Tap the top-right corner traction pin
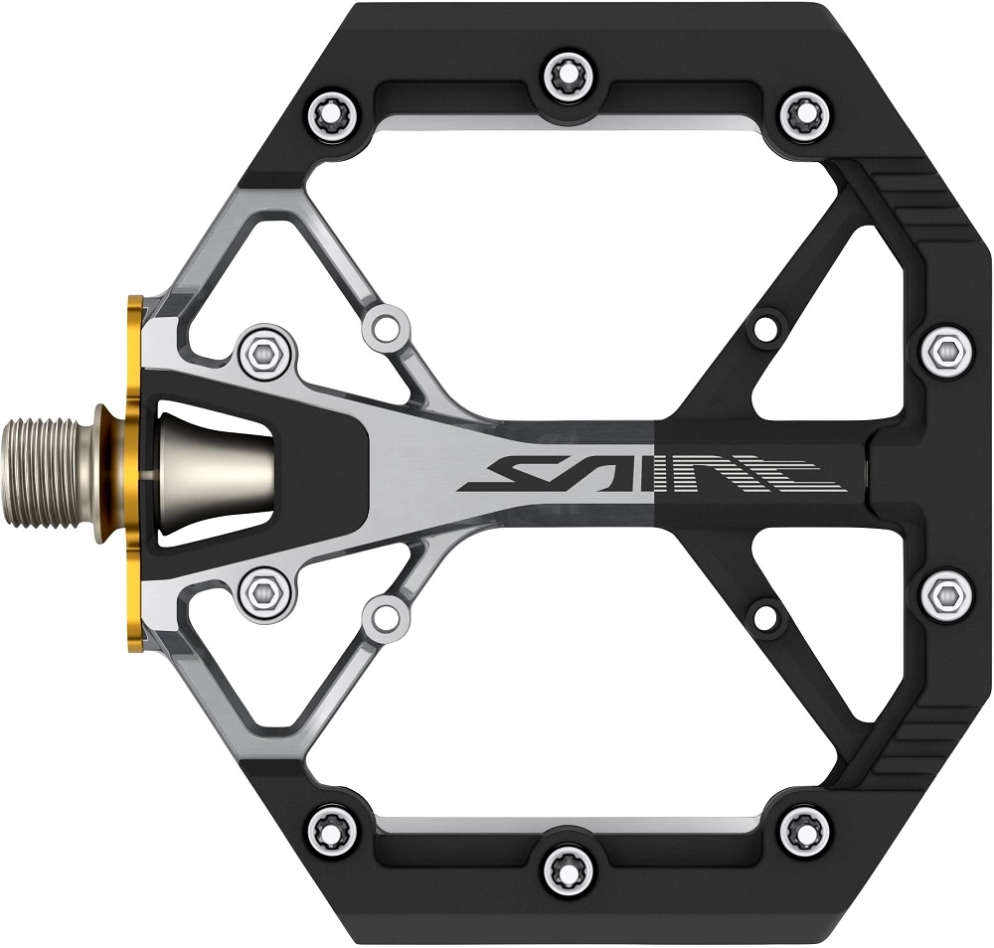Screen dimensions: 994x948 pyautogui.click(x=805, y=116)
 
